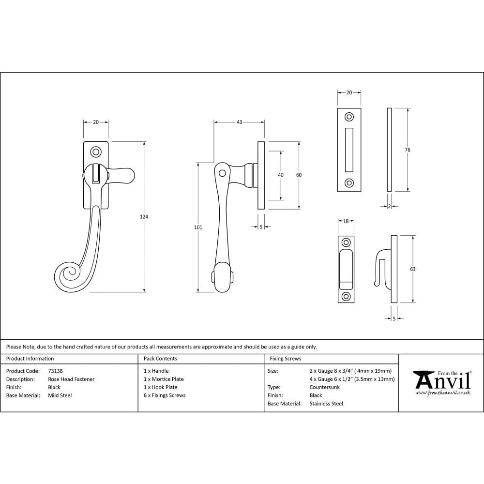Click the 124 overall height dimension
pyautogui.click(x=144, y=217)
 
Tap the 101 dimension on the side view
pyautogui.click(x=198, y=227)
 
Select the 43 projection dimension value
pyautogui.click(x=239, y=122)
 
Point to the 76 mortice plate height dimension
pyautogui.click(x=408, y=150)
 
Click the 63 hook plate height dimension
pyautogui.click(x=413, y=269)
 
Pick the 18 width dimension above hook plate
pyautogui.click(x=346, y=221)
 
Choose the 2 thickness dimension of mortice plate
pyautogui.click(x=390, y=206)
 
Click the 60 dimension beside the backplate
pyautogui.click(x=299, y=175)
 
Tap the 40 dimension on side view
pyautogui.click(x=281, y=175)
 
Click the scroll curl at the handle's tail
pyautogui.click(x=68, y=277)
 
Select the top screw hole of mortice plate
pyautogui.click(x=349, y=117)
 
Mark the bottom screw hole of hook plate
pyautogui.click(x=346, y=296)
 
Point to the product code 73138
pyautogui.click(x=56, y=371)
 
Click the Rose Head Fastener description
pyautogui.click(x=71, y=379)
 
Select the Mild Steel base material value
pyautogui.click(x=60, y=395)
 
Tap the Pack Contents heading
pyautogui.click(x=160, y=359)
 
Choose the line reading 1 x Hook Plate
pyautogui.click(x=161, y=387)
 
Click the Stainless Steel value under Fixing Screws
pyautogui.click(x=326, y=404)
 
